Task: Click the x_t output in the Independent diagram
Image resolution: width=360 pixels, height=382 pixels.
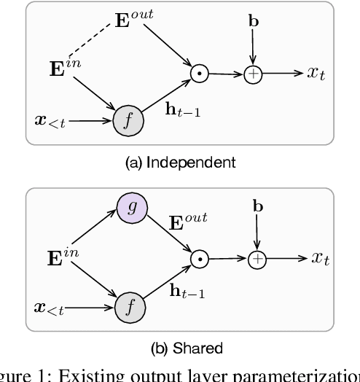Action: pyautogui.click(x=315, y=72)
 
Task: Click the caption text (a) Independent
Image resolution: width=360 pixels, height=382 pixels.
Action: pyautogui.click(x=180, y=163)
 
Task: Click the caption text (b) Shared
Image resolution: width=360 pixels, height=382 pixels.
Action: pyautogui.click(x=180, y=348)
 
